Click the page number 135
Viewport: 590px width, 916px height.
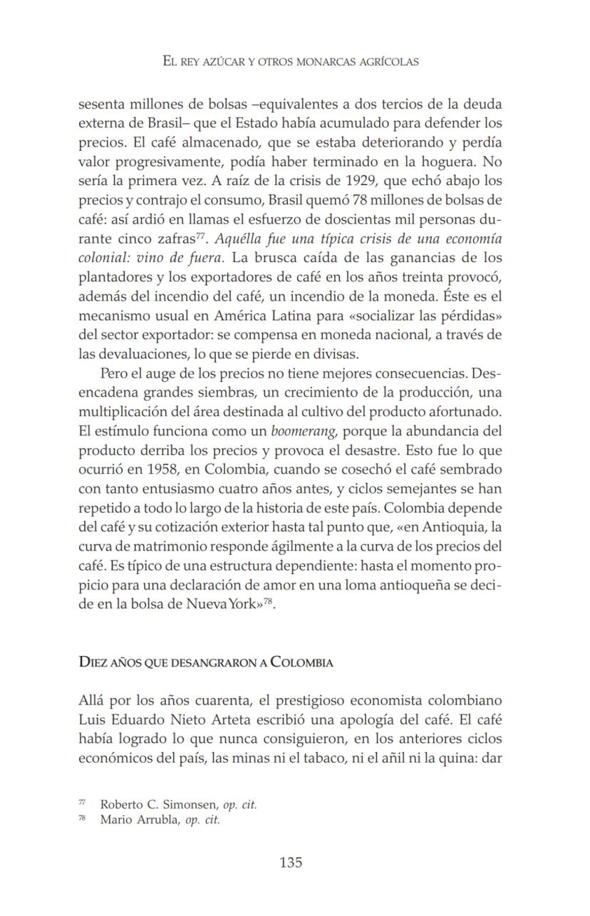point(291,863)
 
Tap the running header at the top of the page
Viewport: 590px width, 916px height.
point(291,62)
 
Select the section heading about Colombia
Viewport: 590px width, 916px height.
point(205,662)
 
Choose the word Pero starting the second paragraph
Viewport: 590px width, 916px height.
point(114,373)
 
